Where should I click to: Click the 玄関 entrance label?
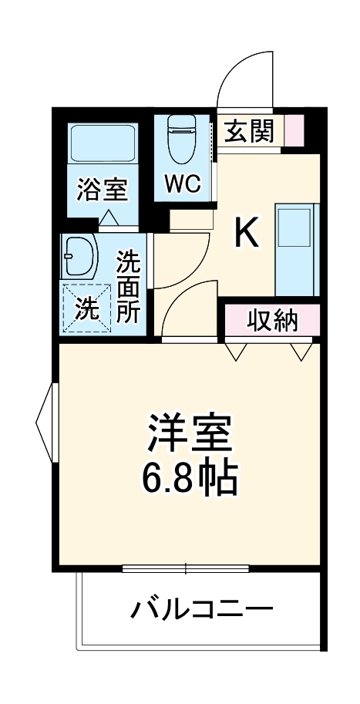tap(248, 132)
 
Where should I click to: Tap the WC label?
tap(182, 184)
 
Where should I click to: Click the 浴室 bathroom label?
tap(102, 189)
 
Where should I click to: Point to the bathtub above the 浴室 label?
tap(103, 144)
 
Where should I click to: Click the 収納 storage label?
tap(271, 320)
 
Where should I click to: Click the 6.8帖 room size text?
tap(189, 480)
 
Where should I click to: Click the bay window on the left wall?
tap(45, 421)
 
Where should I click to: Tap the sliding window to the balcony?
tap(185, 570)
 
